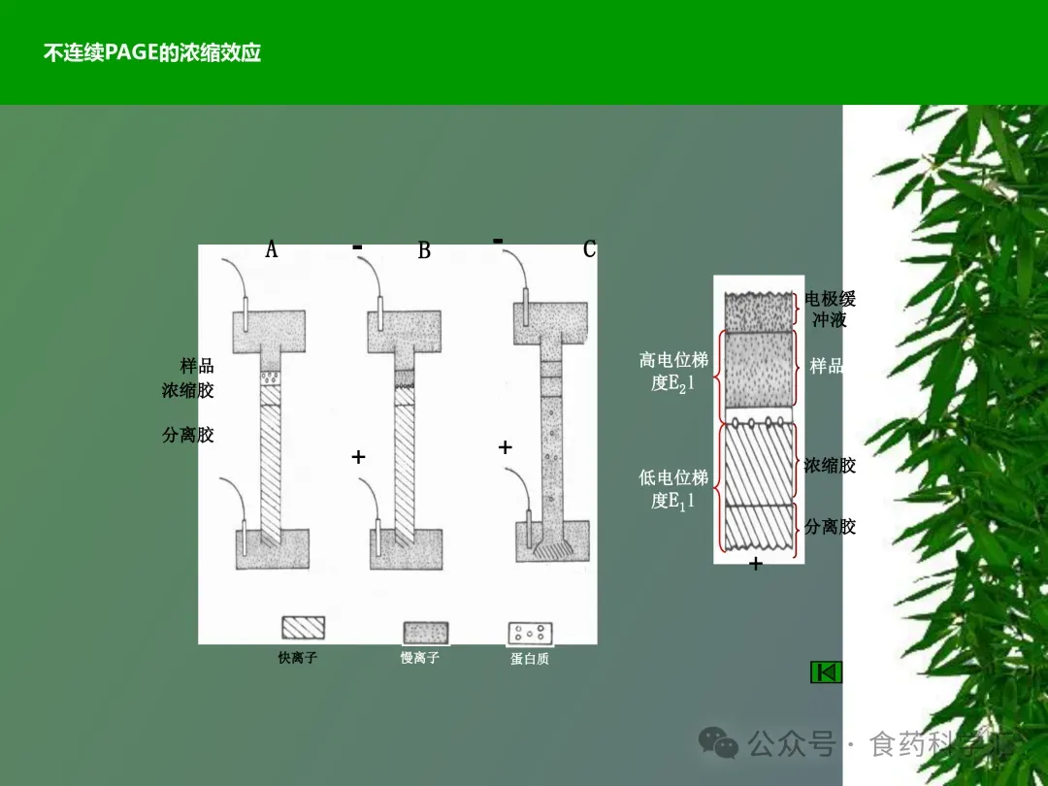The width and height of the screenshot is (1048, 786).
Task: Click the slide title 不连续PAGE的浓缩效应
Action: point(152,52)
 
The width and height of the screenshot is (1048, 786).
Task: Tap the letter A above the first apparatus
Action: point(272,250)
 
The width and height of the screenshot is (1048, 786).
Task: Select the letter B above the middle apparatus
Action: point(424,250)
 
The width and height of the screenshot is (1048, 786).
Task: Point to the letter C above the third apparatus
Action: point(589,249)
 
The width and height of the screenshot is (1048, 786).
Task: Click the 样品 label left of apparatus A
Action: point(197,366)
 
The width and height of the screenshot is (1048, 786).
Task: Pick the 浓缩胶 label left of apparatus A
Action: point(188,390)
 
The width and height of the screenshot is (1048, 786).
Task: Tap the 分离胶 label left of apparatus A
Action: point(188,435)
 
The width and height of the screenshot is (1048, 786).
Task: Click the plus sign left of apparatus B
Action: point(358,456)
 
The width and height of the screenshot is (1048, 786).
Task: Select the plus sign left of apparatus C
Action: point(505,447)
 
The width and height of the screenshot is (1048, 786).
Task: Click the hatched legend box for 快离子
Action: point(303,628)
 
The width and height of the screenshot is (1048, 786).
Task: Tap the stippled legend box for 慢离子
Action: point(426,633)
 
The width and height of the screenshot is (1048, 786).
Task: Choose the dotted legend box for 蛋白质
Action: point(530,634)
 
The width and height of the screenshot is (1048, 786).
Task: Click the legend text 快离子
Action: point(298,658)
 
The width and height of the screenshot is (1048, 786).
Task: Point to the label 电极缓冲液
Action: point(831,309)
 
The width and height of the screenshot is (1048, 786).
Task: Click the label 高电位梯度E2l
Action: point(673,371)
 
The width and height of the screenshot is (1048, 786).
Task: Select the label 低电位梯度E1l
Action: point(673,489)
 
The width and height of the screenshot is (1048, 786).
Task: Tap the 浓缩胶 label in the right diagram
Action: point(830,466)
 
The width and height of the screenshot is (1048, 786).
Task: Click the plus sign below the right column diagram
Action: point(756,564)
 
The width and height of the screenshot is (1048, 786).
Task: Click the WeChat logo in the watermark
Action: point(719,743)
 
